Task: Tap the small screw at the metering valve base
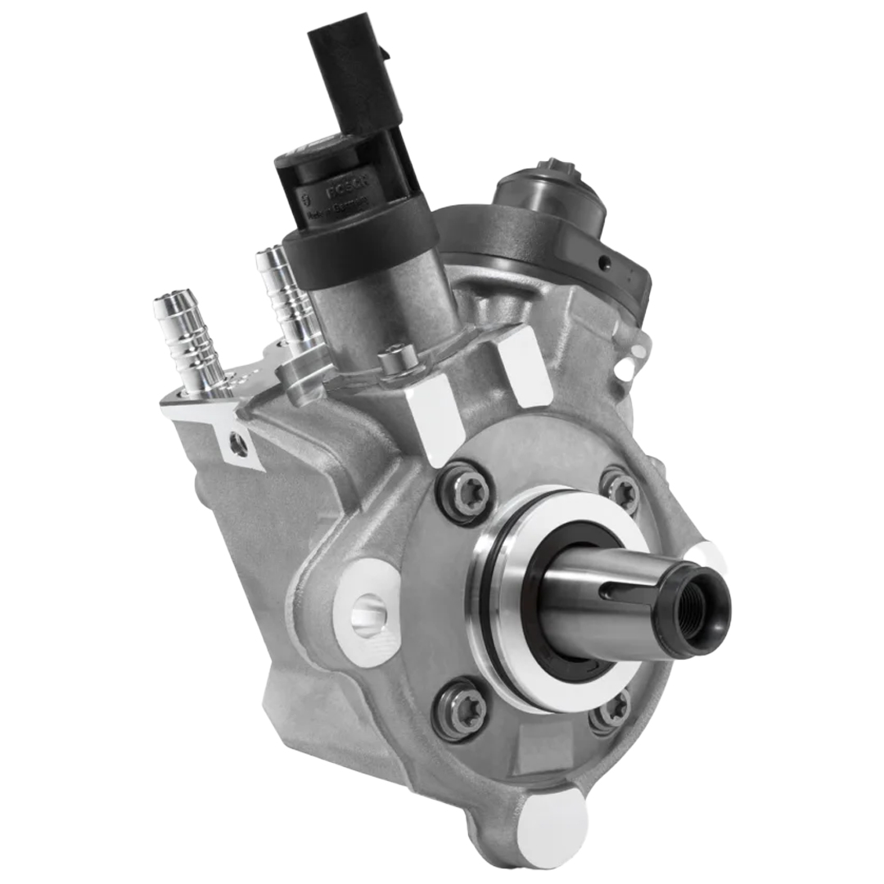pos(391,359)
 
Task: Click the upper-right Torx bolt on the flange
pos(620,489)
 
